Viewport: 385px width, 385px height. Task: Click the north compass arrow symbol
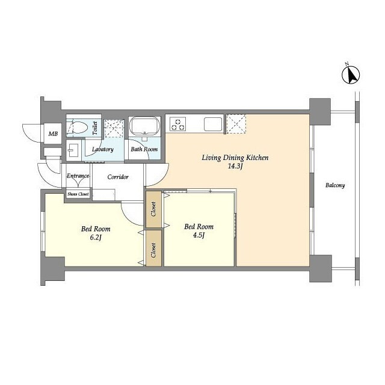pos(351,75)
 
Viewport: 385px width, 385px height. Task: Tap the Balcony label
pos(335,185)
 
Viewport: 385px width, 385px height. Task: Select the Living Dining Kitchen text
pos(235,158)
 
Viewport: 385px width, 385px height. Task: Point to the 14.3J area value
pos(235,166)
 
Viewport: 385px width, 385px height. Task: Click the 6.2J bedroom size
pos(96,238)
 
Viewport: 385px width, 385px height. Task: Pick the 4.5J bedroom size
pos(199,235)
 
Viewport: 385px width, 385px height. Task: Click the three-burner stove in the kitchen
pos(178,124)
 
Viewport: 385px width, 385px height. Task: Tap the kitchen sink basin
pos(213,125)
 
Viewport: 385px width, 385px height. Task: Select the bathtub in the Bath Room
pos(144,126)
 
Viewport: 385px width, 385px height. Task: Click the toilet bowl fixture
pos(77,127)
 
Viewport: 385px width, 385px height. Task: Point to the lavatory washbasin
pos(73,150)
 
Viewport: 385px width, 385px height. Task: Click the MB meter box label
pos(53,134)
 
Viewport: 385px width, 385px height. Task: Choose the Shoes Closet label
pos(78,194)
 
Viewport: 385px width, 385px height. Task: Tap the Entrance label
pos(78,176)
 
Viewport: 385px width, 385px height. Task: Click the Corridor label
pos(118,177)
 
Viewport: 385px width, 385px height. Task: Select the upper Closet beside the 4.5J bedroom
pos(154,209)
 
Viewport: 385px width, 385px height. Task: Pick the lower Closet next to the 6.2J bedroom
pos(154,248)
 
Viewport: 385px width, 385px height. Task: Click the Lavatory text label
pos(103,149)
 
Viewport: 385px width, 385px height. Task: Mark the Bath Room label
pos(144,149)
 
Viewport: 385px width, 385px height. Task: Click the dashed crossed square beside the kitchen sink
pos(236,124)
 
